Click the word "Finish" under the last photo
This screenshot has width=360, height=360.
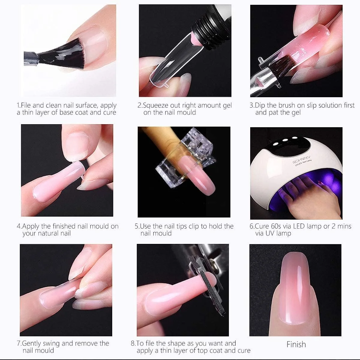pos(296,344)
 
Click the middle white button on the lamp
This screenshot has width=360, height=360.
pos(285,140)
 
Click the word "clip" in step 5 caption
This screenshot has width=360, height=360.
pos(194,226)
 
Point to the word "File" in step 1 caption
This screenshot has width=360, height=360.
pos(26,106)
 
